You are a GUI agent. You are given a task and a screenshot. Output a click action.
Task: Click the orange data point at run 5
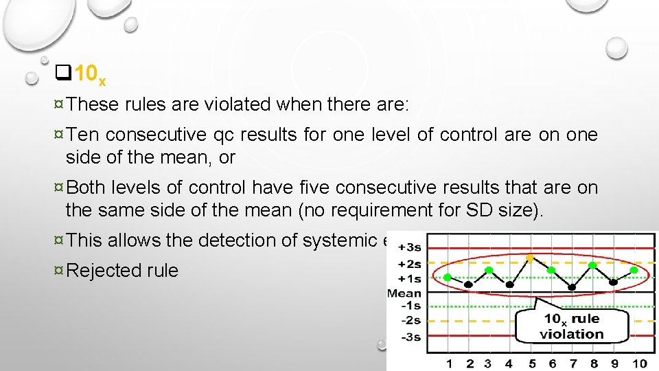(530, 258)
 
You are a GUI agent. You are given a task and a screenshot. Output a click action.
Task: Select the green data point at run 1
(448, 277)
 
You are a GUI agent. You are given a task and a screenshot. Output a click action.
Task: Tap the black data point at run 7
(573, 286)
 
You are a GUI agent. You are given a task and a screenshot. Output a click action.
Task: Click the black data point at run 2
(468, 283)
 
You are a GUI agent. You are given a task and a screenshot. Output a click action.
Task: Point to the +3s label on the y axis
(409, 247)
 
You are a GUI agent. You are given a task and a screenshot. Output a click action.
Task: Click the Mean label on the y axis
(404, 293)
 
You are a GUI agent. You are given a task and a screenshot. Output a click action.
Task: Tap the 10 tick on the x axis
(639, 363)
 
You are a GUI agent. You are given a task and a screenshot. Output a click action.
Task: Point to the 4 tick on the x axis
(509, 363)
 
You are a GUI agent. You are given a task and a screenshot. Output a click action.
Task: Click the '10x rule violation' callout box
(571, 326)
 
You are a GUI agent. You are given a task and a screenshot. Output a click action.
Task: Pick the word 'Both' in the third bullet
(88, 188)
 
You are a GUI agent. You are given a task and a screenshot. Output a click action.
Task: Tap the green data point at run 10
(634, 270)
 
